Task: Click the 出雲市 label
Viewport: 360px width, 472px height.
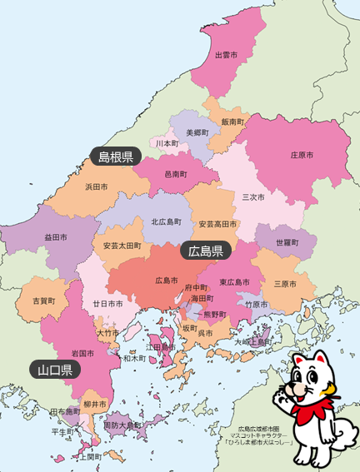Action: tap(227, 55)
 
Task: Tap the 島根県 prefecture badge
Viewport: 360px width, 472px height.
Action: tap(116, 157)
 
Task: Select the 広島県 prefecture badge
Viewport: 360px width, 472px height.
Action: tap(205, 251)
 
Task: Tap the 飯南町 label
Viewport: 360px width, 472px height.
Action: tap(232, 122)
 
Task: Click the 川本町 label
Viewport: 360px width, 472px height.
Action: tap(167, 143)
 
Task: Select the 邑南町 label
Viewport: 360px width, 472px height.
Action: tap(176, 174)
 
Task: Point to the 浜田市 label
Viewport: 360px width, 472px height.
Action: tap(97, 188)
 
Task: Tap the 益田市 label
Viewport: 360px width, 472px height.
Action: tap(56, 238)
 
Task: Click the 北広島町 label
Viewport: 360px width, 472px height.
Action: tap(167, 221)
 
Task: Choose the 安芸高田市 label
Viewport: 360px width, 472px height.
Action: tap(218, 224)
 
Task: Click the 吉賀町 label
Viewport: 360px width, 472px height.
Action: tap(43, 300)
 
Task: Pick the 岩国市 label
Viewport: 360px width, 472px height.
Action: tap(82, 353)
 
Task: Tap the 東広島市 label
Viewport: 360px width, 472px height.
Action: tap(234, 282)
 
